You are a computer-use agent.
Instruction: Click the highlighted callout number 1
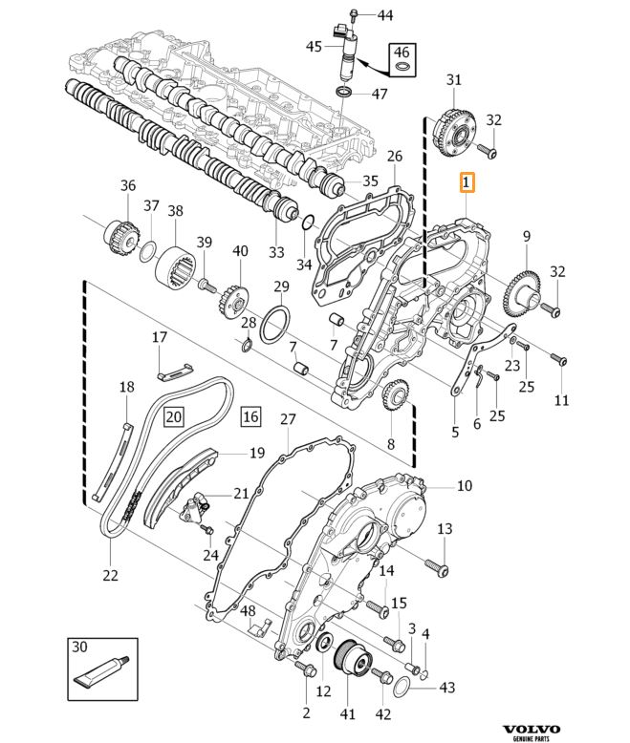[467, 182]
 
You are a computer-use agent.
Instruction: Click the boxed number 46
[402, 52]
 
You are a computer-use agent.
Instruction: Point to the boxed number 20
[174, 416]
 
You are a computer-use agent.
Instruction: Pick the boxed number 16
[250, 416]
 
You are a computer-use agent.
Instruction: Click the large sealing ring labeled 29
[275, 325]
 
